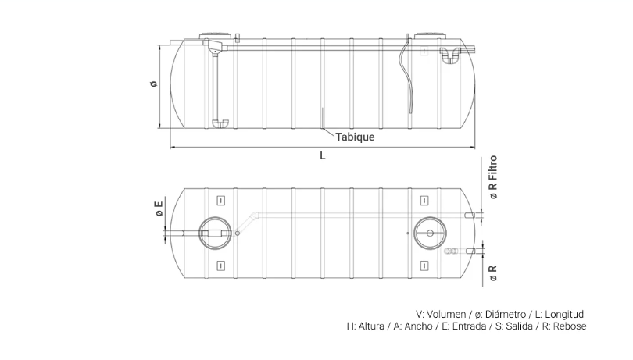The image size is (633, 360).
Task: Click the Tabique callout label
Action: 355,137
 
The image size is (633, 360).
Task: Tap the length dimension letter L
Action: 323,155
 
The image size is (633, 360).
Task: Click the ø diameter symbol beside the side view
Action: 153,84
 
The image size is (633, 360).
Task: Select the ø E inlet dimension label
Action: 159,209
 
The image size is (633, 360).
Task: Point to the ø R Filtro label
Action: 493,177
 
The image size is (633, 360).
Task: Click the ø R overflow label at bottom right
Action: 493,273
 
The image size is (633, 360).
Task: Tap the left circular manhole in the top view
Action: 215,233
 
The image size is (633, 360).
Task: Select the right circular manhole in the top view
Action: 430,233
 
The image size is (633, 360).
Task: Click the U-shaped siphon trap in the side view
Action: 450,55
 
